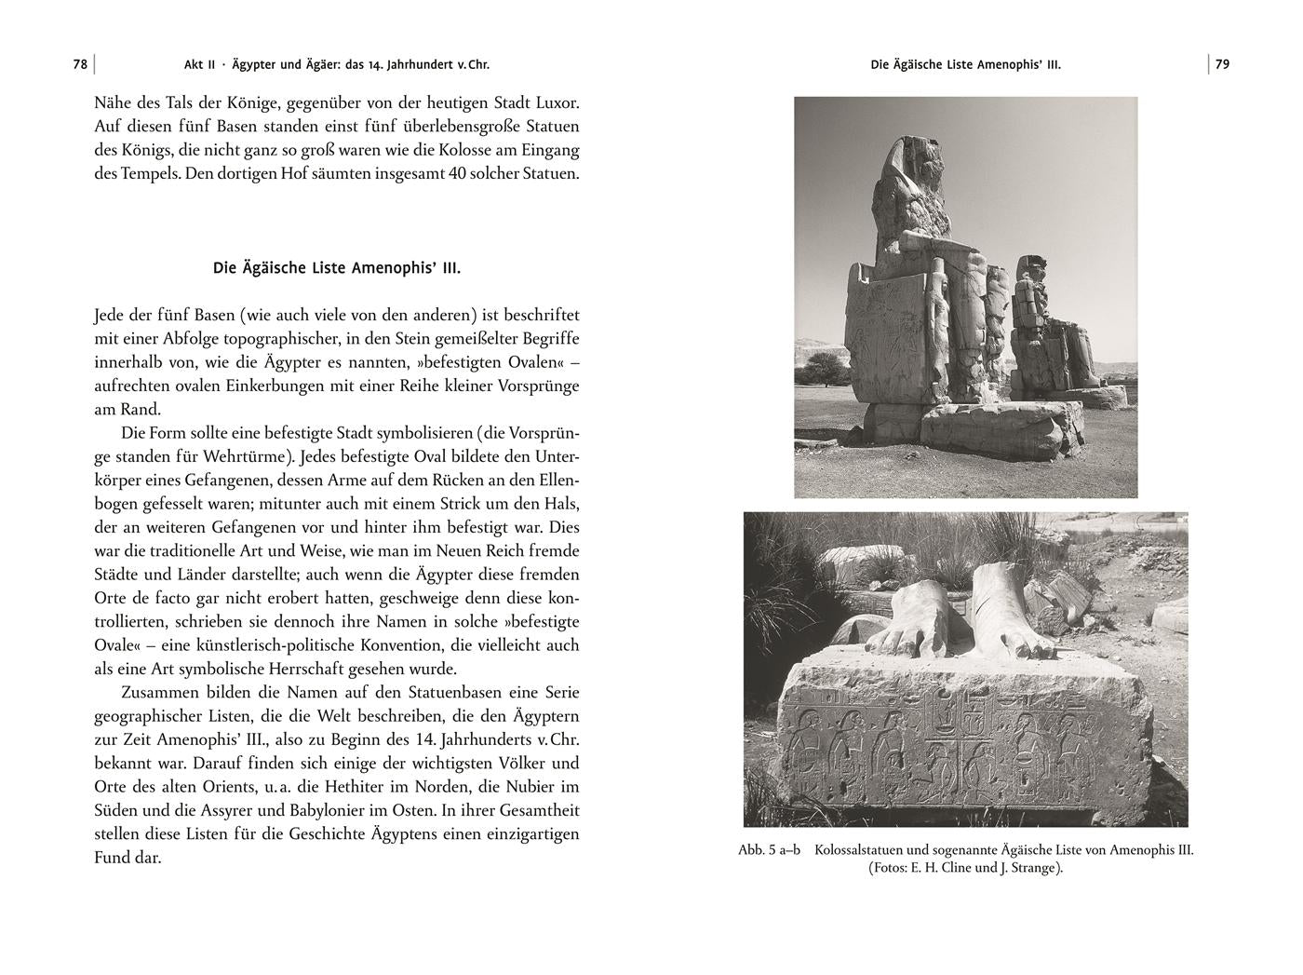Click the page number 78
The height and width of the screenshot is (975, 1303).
pos(80,64)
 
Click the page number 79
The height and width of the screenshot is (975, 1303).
pos(1222,64)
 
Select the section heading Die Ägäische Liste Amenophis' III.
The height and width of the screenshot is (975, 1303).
pos(337,268)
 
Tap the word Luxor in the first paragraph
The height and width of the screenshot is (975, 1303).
pos(556,102)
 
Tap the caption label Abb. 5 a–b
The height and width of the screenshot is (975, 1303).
pos(769,850)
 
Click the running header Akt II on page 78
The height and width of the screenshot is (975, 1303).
pos(199,64)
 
